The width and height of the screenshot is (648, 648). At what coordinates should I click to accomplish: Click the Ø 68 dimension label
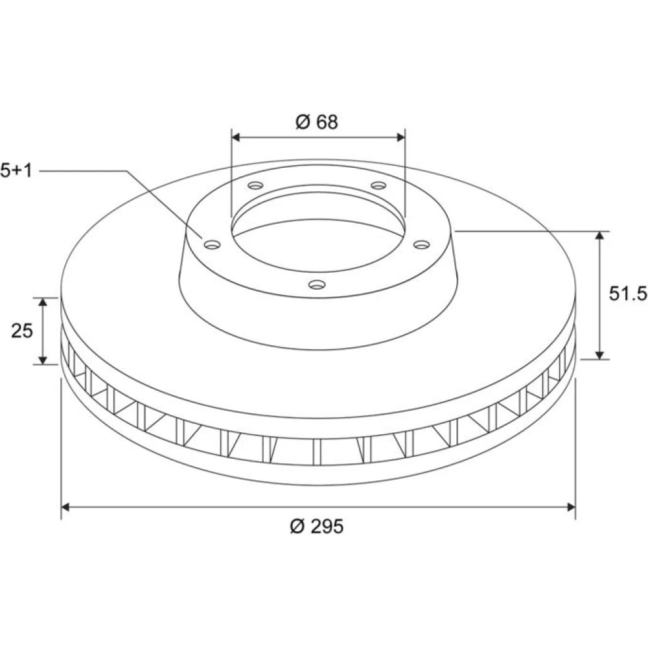317,122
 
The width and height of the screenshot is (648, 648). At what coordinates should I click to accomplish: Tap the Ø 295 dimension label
317,526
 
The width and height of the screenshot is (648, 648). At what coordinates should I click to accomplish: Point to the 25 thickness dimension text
22,330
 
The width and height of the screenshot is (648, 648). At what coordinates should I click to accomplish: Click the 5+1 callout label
16,170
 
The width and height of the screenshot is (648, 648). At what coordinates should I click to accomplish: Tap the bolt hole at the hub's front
317,284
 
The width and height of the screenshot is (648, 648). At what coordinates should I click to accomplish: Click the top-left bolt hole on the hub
255,185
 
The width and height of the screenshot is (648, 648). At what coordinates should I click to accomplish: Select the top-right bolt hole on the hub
378,185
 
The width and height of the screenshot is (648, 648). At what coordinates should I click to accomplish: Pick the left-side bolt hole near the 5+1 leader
213,245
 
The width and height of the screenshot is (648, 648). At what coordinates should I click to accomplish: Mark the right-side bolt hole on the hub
422,245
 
